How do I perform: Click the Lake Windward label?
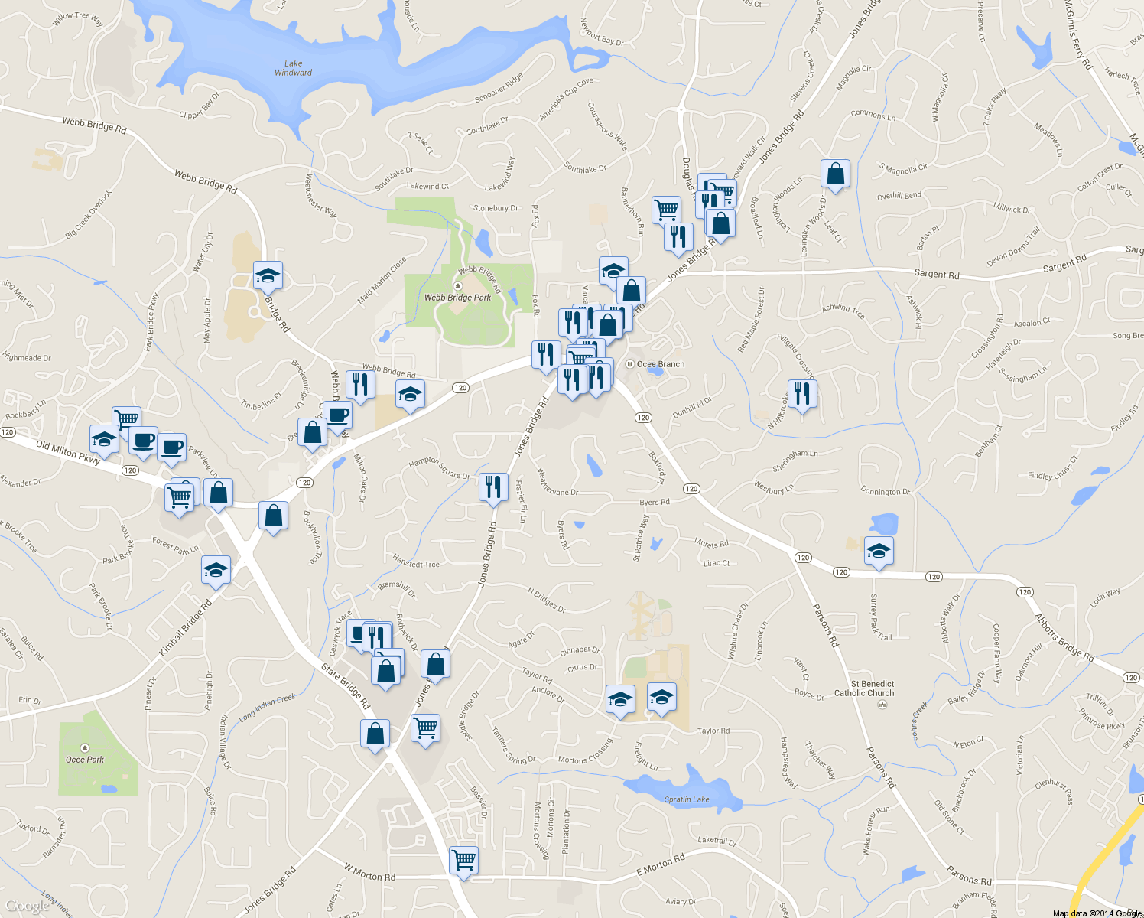click(x=293, y=68)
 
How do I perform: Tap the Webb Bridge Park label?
click(x=457, y=298)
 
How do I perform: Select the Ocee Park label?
click(x=84, y=760)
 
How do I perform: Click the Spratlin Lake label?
click(x=686, y=799)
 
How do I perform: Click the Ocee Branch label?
click(x=661, y=364)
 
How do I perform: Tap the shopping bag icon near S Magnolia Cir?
click(x=836, y=174)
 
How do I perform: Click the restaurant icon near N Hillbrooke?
click(x=801, y=394)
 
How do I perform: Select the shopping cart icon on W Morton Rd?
click(x=463, y=860)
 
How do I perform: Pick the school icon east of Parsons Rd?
click(x=879, y=551)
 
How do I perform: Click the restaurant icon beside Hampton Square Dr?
click(x=493, y=487)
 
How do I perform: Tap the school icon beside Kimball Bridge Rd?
click(x=216, y=570)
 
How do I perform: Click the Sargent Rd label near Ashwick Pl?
click(x=936, y=274)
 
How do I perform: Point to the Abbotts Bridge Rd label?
click(x=1064, y=637)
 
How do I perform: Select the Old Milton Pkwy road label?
click(x=68, y=452)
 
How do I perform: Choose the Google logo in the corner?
click(x=28, y=906)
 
